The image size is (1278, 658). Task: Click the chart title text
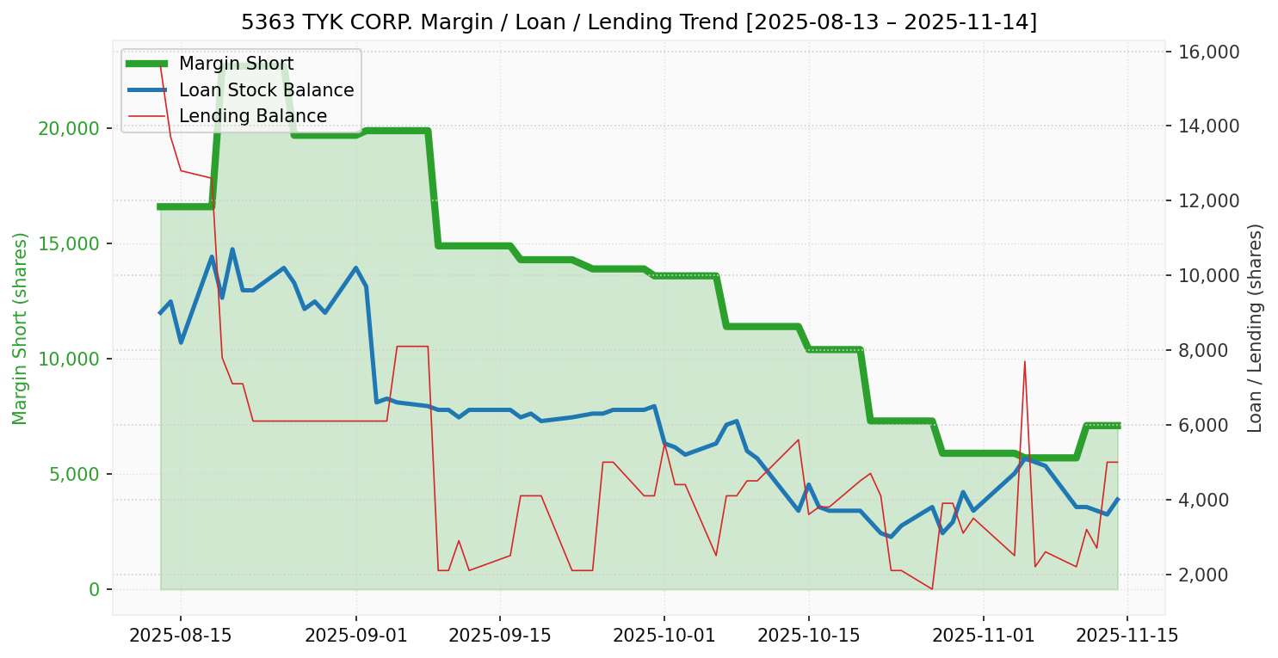tap(639, 22)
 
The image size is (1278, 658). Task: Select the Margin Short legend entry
tap(236, 64)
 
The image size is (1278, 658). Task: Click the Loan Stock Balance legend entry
tap(266, 90)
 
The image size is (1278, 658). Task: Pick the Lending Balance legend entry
tap(252, 116)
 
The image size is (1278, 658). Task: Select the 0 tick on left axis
tap(95, 589)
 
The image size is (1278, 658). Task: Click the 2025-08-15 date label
tap(180, 636)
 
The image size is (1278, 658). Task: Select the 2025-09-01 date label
tap(355, 636)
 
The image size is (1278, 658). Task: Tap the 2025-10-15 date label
tap(808, 636)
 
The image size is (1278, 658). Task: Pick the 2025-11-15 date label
tap(1127, 636)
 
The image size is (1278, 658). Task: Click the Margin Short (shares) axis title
tap(20, 328)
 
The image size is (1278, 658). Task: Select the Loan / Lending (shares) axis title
tap(1255, 328)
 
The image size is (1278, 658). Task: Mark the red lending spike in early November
tap(1024, 362)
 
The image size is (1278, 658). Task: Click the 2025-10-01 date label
tap(664, 636)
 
